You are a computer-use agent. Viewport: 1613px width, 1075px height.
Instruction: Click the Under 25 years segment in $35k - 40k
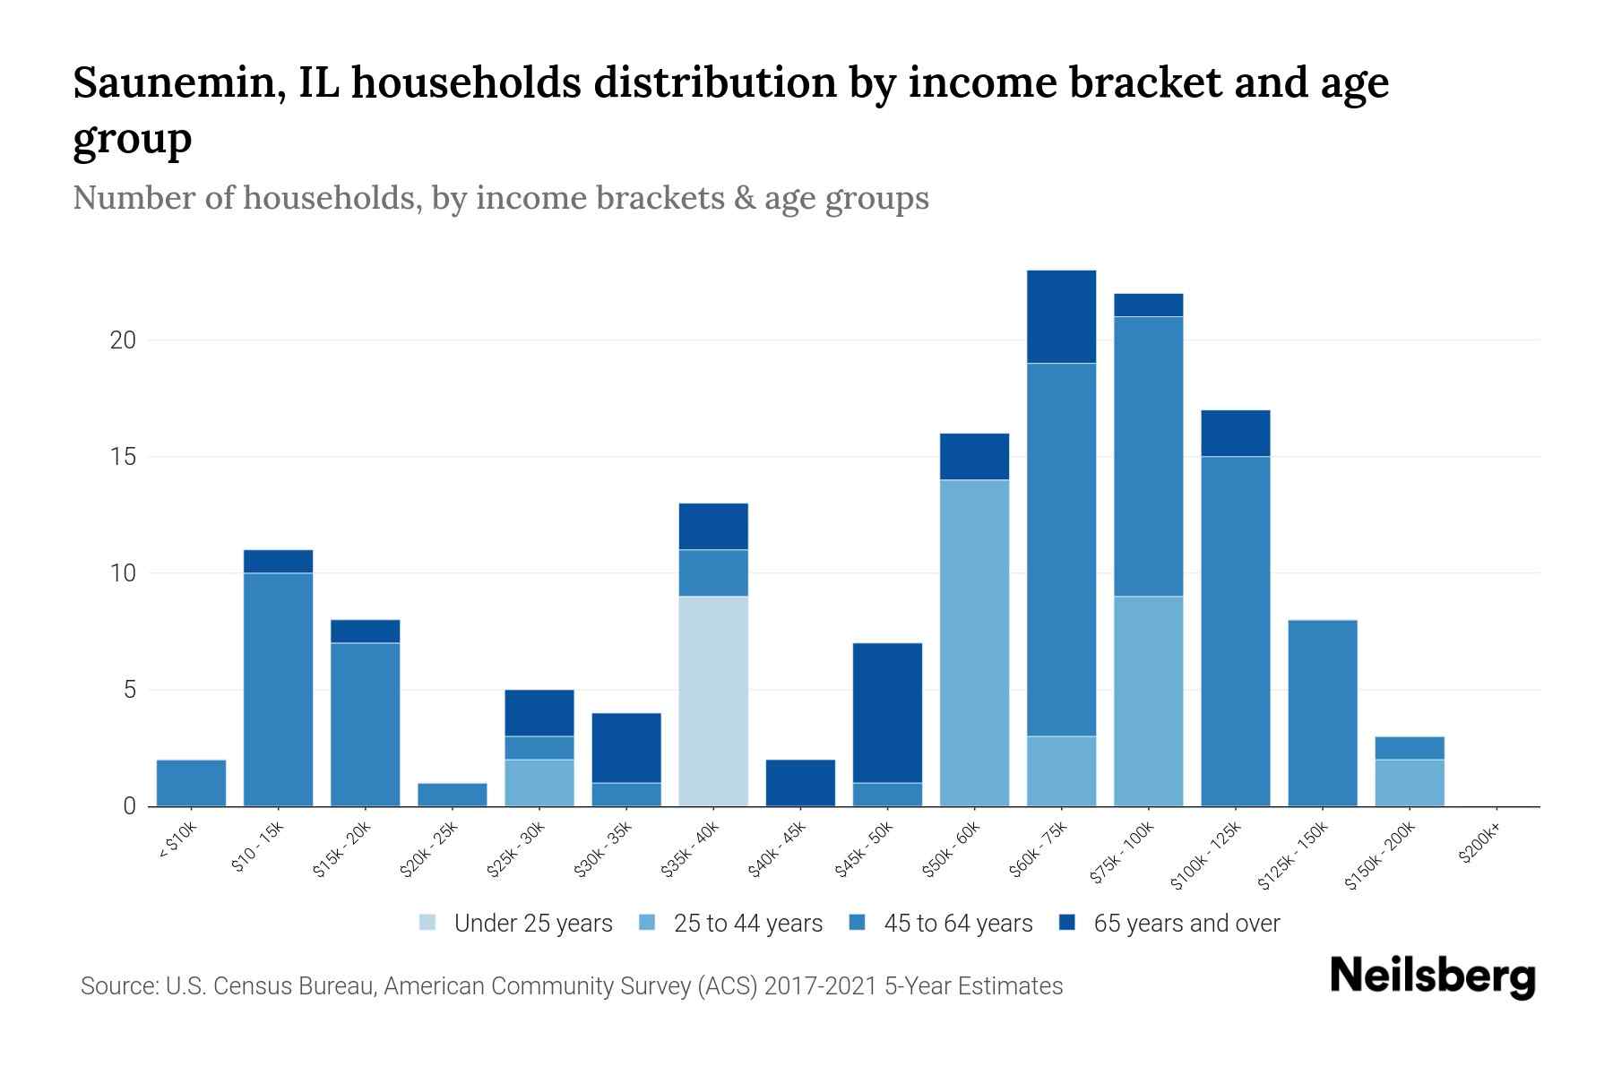(x=713, y=701)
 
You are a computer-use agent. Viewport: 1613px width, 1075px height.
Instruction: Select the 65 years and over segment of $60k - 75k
(x=1061, y=316)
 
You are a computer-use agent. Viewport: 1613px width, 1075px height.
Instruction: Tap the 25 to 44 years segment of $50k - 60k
(x=974, y=642)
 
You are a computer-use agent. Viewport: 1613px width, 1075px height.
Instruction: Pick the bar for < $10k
(x=191, y=783)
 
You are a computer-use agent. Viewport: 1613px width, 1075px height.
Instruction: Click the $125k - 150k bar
(x=1322, y=713)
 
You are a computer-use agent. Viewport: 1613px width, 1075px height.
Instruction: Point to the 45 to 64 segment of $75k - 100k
(x=1148, y=456)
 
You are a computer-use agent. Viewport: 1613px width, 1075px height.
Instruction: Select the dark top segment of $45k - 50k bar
(x=887, y=712)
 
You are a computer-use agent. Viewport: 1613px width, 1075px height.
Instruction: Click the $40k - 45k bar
(x=800, y=783)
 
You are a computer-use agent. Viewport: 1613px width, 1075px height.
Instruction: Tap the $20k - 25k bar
(x=453, y=795)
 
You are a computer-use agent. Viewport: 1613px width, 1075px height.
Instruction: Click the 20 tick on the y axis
(x=123, y=340)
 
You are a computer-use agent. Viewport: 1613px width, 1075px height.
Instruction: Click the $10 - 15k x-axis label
(x=258, y=851)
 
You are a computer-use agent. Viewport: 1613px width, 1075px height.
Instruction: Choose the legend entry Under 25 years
(x=532, y=924)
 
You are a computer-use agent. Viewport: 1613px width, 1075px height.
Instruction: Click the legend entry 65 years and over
(x=1186, y=924)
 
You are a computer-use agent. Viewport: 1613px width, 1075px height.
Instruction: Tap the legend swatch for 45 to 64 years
(x=858, y=923)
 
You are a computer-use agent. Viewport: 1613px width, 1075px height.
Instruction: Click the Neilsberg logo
(x=1432, y=977)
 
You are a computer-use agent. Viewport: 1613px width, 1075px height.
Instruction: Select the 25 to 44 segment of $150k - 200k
(x=1410, y=783)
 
